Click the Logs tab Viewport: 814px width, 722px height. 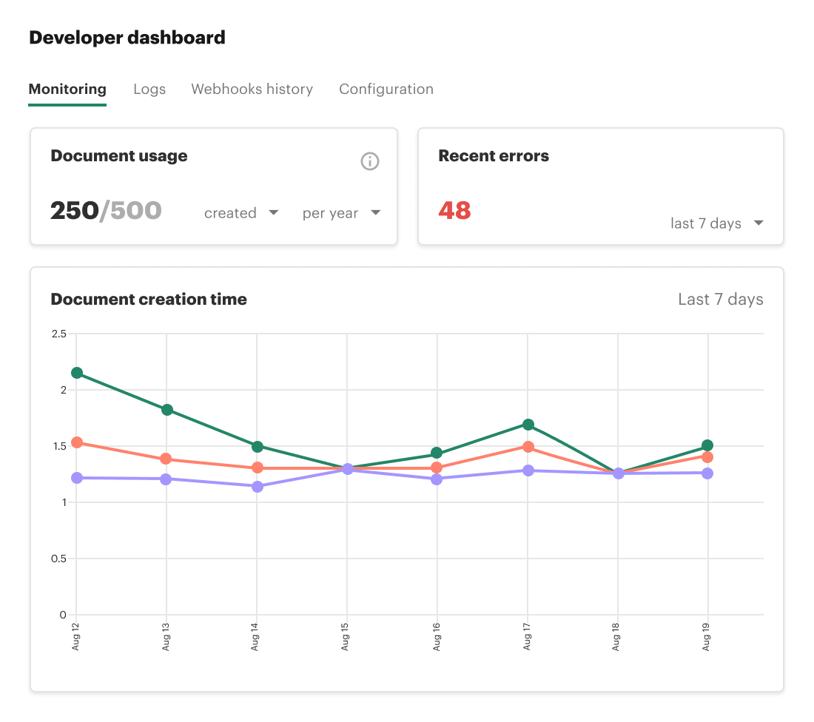click(149, 90)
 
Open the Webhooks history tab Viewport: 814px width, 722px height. click(252, 90)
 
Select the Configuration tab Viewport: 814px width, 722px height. click(386, 90)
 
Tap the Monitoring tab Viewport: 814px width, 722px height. click(67, 90)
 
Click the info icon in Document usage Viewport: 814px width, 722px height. click(370, 161)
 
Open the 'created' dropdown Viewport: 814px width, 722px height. click(241, 213)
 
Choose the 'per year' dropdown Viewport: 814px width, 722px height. click(341, 213)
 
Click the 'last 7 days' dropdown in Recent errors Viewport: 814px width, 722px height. click(716, 223)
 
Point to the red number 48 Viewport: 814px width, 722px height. click(454, 211)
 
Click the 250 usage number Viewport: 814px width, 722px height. click(74, 211)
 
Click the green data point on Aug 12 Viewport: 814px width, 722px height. click(76, 373)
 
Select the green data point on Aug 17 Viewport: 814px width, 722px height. click(528, 425)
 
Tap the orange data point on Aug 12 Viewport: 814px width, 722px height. click(76, 443)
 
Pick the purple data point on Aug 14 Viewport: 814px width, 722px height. click(257, 487)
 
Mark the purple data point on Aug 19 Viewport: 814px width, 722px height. click(707, 473)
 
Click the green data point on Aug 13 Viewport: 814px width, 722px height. click(166, 410)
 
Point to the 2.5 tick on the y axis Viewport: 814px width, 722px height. click(58, 334)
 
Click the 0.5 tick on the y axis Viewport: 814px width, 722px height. click(58, 559)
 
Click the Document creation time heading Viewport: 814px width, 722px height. click(149, 300)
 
